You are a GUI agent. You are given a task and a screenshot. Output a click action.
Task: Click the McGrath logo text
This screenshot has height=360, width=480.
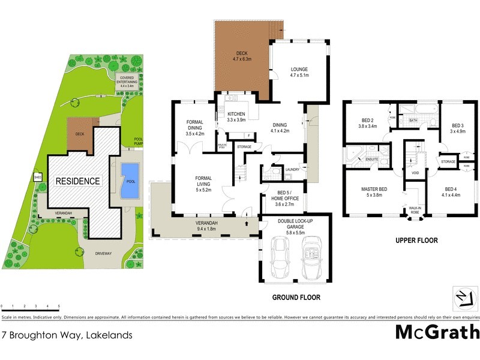point(437,332)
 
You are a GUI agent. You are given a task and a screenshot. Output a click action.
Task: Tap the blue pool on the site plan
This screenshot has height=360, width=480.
point(129,179)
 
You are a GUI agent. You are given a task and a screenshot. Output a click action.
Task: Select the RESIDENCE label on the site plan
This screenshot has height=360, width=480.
point(77,181)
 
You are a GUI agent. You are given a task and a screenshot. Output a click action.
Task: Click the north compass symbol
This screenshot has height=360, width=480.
point(461,296)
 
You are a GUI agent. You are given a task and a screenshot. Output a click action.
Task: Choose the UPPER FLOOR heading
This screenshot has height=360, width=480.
point(416,240)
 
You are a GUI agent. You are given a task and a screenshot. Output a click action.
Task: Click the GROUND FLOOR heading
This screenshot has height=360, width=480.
point(296,297)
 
